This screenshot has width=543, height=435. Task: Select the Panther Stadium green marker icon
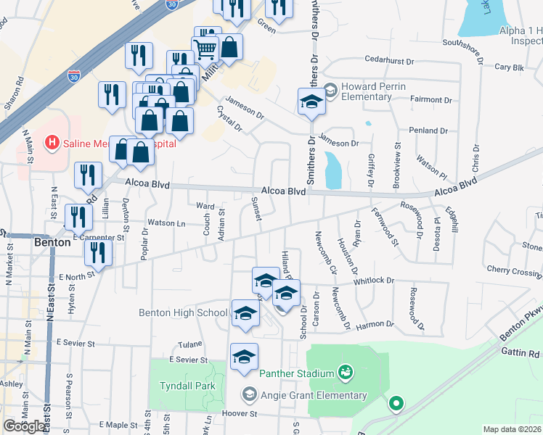point(345,374)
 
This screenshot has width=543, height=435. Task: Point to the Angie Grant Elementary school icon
point(250,394)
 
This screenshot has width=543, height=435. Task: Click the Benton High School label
point(183,312)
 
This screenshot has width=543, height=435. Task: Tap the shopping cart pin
point(205,50)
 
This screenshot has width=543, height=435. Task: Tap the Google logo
point(24,426)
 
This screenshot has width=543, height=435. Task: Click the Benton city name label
point(52,243)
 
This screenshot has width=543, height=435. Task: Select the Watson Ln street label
point(166,223)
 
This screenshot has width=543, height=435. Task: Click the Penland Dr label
point(428,130)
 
